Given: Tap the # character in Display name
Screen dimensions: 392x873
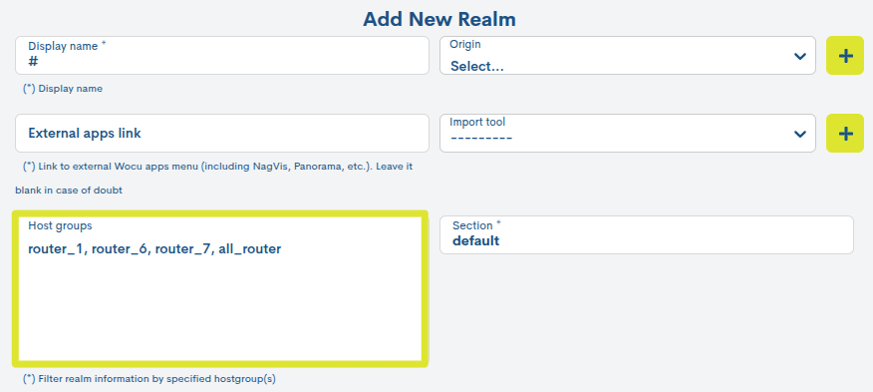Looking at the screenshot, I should coord(33,62).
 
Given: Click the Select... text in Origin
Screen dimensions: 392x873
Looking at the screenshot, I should coord(476,67).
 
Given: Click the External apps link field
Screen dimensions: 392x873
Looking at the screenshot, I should coord(222,133).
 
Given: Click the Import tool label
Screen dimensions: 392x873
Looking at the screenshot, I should coord(477,122).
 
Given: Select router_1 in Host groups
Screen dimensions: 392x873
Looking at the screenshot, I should coord(56,248).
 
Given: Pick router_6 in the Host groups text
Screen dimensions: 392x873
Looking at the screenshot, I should coord(119,248).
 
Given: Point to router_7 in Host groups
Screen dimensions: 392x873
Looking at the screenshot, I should coord(182,248).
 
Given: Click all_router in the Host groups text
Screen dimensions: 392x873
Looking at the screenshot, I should coord(250,248).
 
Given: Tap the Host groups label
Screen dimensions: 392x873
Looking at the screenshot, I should coord(60,226).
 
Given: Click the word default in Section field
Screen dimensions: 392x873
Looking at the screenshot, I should coord(475,240).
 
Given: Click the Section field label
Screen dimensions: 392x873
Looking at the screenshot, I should coord(476,226).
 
